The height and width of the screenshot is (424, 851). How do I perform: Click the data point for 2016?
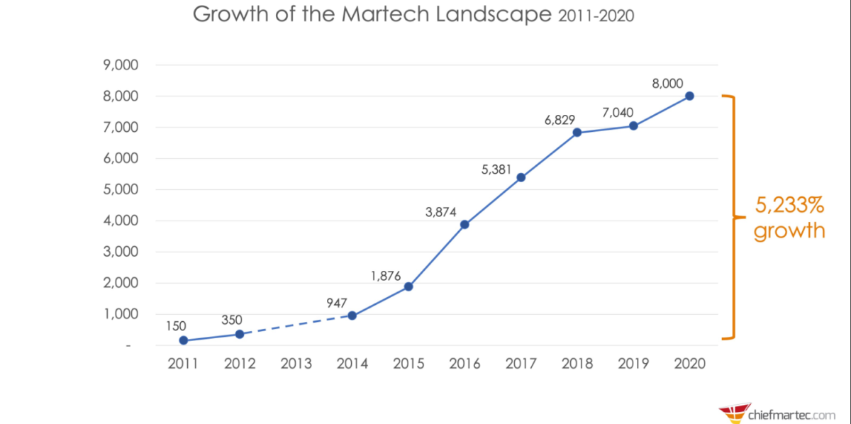[x=465, y=225]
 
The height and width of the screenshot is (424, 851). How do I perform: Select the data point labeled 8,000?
[x=689, y=96]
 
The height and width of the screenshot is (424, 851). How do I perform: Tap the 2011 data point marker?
[x=184, y=340]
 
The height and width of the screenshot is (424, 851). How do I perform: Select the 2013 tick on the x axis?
[x=296, y=364]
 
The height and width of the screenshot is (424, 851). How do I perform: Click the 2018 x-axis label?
[x=577, y=364]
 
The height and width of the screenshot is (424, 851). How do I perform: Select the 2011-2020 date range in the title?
[x=595, y=16]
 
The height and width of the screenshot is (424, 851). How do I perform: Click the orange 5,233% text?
[x=789, y=206]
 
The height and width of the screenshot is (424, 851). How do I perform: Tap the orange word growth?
[x=789, y=230]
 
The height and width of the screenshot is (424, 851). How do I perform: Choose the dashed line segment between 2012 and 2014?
[x=296, y=325]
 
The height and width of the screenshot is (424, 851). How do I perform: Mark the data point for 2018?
[x=577, y=133]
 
